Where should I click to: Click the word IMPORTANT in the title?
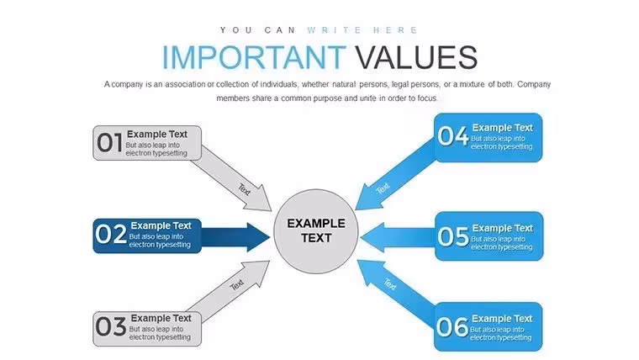click(x=254, y=57)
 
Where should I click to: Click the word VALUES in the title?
click(x=416, y=57)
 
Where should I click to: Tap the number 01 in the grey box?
click(x=109, y=143)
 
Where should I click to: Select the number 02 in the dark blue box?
click(x=111, y=235)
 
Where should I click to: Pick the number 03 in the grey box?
click(x=111, y=326)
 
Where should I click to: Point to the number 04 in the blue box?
click(x=452, y=135)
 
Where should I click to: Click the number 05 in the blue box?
click(x=452, y=236)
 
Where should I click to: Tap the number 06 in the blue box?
click(x=452, y=327)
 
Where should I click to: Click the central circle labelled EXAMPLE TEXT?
click(x=316, y=231)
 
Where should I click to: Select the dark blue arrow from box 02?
click(x=235, y=237)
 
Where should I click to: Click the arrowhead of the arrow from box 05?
click(x=372, y=237)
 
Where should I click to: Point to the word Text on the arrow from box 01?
click(x=245, y=189)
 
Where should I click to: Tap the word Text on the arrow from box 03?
click(x=237, y=284)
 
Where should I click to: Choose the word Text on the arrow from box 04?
click(x=383, y=188)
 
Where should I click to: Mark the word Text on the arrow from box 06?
click(x=389, y=284)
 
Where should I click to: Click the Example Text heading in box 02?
click(x=161, y=225)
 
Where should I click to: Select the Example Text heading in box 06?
click(x=502, y=319)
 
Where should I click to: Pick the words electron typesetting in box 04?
click(x=502, y=146)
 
